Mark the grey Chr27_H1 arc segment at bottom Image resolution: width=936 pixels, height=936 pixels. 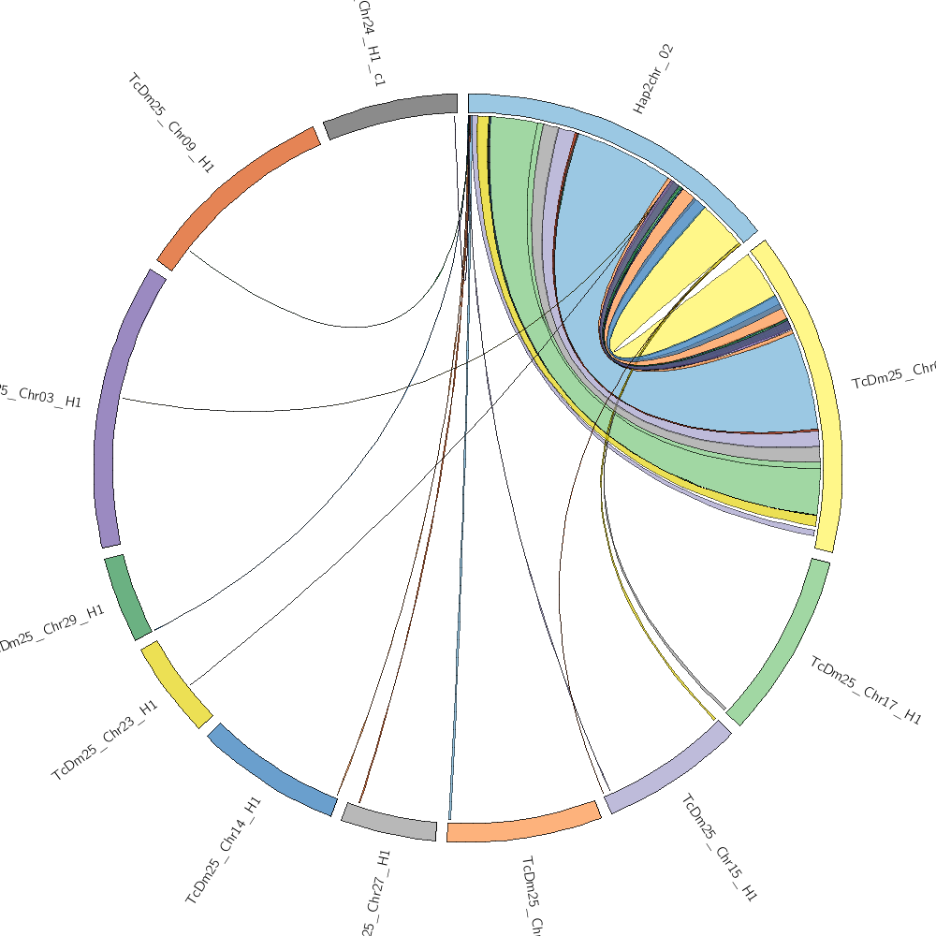(x=388, y=821)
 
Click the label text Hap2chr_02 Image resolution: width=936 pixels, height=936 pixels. (x=653, y=78)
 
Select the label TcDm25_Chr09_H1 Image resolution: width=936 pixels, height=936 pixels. (x=171, y=123)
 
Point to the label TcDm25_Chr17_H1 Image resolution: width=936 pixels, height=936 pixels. (x=866, y=691)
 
